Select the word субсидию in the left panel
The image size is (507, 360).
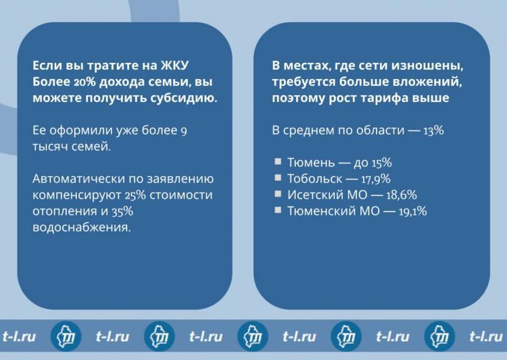coord(184,98)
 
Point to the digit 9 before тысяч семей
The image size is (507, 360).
coord(184,131)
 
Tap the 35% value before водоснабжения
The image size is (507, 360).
coord(122,211)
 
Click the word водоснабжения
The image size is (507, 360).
coord(82,228)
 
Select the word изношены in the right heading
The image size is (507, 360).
coord(427,66)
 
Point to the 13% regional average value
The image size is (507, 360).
coord(433,130)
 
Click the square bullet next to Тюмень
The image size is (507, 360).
coord(278,161)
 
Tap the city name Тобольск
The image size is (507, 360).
coord(314,179)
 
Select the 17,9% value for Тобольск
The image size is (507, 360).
coord(375,179)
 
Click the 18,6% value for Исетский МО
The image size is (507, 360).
coord(402,195)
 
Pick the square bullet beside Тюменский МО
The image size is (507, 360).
coord(278,210)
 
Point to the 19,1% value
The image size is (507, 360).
coord(412,211)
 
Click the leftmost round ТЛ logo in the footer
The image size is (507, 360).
coord(66,337)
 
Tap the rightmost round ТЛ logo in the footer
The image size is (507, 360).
coord(439,337)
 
